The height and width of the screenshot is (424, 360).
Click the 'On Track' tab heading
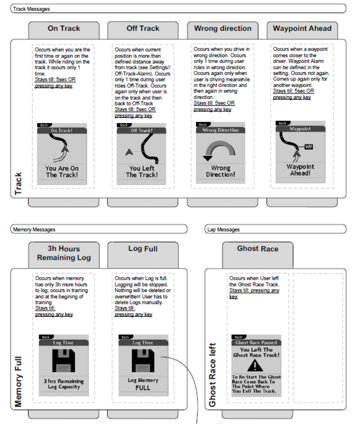(x=64, y=29)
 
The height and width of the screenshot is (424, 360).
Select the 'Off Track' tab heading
(x=143, y=29)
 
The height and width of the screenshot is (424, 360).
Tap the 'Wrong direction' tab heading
(x=222, y=29)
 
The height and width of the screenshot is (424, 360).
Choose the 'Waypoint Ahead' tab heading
(x=302, y=29)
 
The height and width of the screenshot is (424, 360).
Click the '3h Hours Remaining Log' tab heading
(x=64, y=253)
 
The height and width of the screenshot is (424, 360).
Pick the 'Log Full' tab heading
(x=143, y=249)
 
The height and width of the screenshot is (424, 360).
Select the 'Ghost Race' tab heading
(x=257, y=249)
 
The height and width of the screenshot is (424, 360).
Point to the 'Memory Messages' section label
(x=34, y=229)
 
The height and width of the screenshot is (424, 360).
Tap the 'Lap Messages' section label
(x=224, y=229)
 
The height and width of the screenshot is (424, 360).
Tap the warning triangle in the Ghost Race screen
(x=256, y=365)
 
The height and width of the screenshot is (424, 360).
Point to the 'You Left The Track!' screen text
(x=142, y=172)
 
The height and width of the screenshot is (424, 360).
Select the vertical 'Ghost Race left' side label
(x=213, y=374)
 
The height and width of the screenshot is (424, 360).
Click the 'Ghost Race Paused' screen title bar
(x=256, y=342)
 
